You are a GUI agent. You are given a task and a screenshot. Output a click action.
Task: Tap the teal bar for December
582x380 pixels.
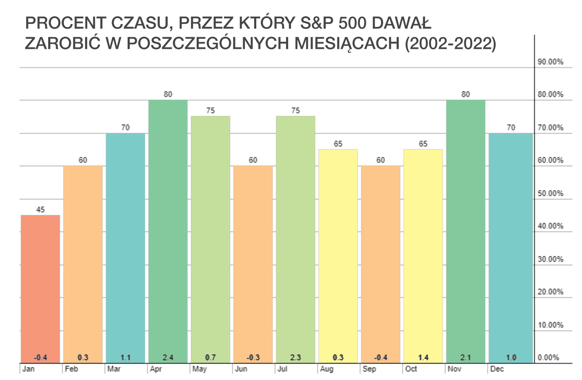[x=511, y=248]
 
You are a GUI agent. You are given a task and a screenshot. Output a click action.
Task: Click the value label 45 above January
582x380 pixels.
[x=40, y=209]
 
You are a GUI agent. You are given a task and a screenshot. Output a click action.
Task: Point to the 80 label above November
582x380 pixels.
[x=465, y=94]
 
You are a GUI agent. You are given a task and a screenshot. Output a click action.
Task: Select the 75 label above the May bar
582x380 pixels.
[x=211, y=111]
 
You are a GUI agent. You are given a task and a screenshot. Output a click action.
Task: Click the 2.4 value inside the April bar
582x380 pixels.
[x=168, y=357]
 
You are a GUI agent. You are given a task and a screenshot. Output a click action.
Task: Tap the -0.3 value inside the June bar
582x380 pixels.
[x=253, y=357]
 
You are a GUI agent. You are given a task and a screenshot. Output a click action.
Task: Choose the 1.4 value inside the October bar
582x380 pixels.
[x=423, y=357]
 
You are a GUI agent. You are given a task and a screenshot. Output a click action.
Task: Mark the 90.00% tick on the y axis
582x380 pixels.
[x=550, y=62]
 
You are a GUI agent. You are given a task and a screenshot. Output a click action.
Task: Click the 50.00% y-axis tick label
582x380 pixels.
[x=550, y=194]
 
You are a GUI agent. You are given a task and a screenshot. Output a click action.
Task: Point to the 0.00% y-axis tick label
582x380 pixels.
[x=548, y=358]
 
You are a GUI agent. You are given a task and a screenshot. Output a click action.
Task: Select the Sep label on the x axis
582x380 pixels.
[x=369, y=369]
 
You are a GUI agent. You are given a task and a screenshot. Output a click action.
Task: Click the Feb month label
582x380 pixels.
[x=71, y=369]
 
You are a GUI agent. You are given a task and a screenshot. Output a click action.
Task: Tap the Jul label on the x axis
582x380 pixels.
[x=282, y=369]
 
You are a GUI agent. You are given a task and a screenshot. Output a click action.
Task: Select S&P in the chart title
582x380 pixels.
[x=317, y=23]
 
